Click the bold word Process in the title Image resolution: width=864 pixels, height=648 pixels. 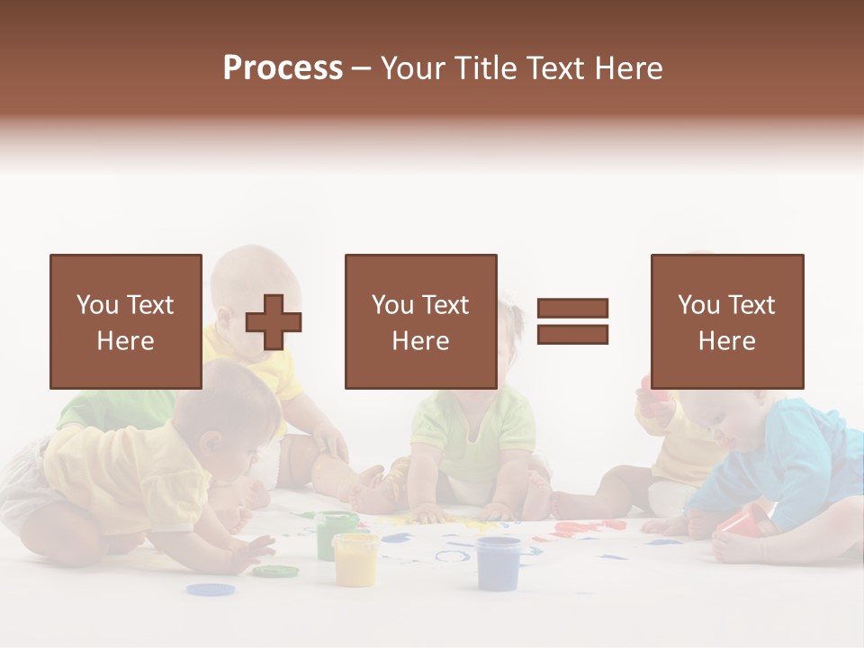[283, 68]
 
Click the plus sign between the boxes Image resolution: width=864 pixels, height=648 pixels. [274, 321]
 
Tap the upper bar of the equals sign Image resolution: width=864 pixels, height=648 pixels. [572, 308]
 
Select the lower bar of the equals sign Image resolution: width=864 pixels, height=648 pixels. [572, 334]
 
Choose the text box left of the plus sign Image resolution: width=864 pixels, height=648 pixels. [125, 321]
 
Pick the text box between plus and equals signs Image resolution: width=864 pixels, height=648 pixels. [420, 321]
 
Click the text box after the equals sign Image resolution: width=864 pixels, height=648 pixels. [726, 321]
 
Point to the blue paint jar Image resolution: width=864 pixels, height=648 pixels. [498, 562]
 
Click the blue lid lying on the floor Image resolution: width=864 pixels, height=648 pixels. [211, 589]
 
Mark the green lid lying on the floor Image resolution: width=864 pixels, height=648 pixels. [274, 571]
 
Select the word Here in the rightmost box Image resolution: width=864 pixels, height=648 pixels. [726, 341]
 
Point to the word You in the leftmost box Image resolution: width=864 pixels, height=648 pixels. [97, 305]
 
